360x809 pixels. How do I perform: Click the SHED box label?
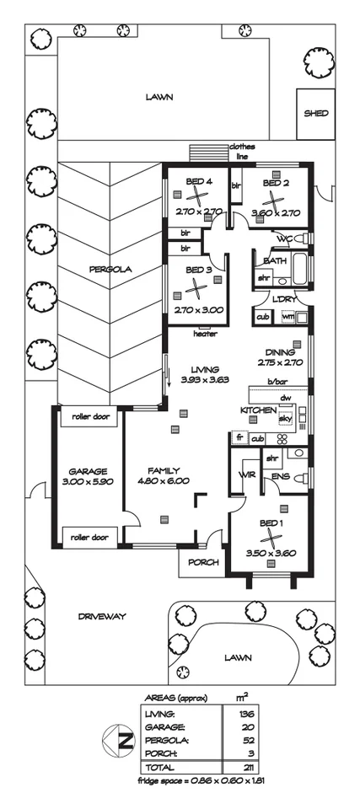pyautogui.click(x=316, y=113)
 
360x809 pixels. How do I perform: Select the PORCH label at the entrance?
pyautogui.click(x=203, y=562)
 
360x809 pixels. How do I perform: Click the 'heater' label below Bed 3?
pyautogui.click(x=205, y=333)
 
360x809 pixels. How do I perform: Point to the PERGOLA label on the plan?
pyautogui.click(x=108, y=270)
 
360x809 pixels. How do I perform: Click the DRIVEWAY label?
pyautogui.click(x=103, y=616)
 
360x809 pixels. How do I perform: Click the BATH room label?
pyautogui.click(x=276, y=261)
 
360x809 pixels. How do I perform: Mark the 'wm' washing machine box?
pyautogui.click(x=287, y=316)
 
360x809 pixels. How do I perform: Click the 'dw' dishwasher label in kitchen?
pyautogui.click(x=285, y=398)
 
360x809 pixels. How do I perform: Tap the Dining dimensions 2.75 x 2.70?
pyautogui.click(x=279, y=362)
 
